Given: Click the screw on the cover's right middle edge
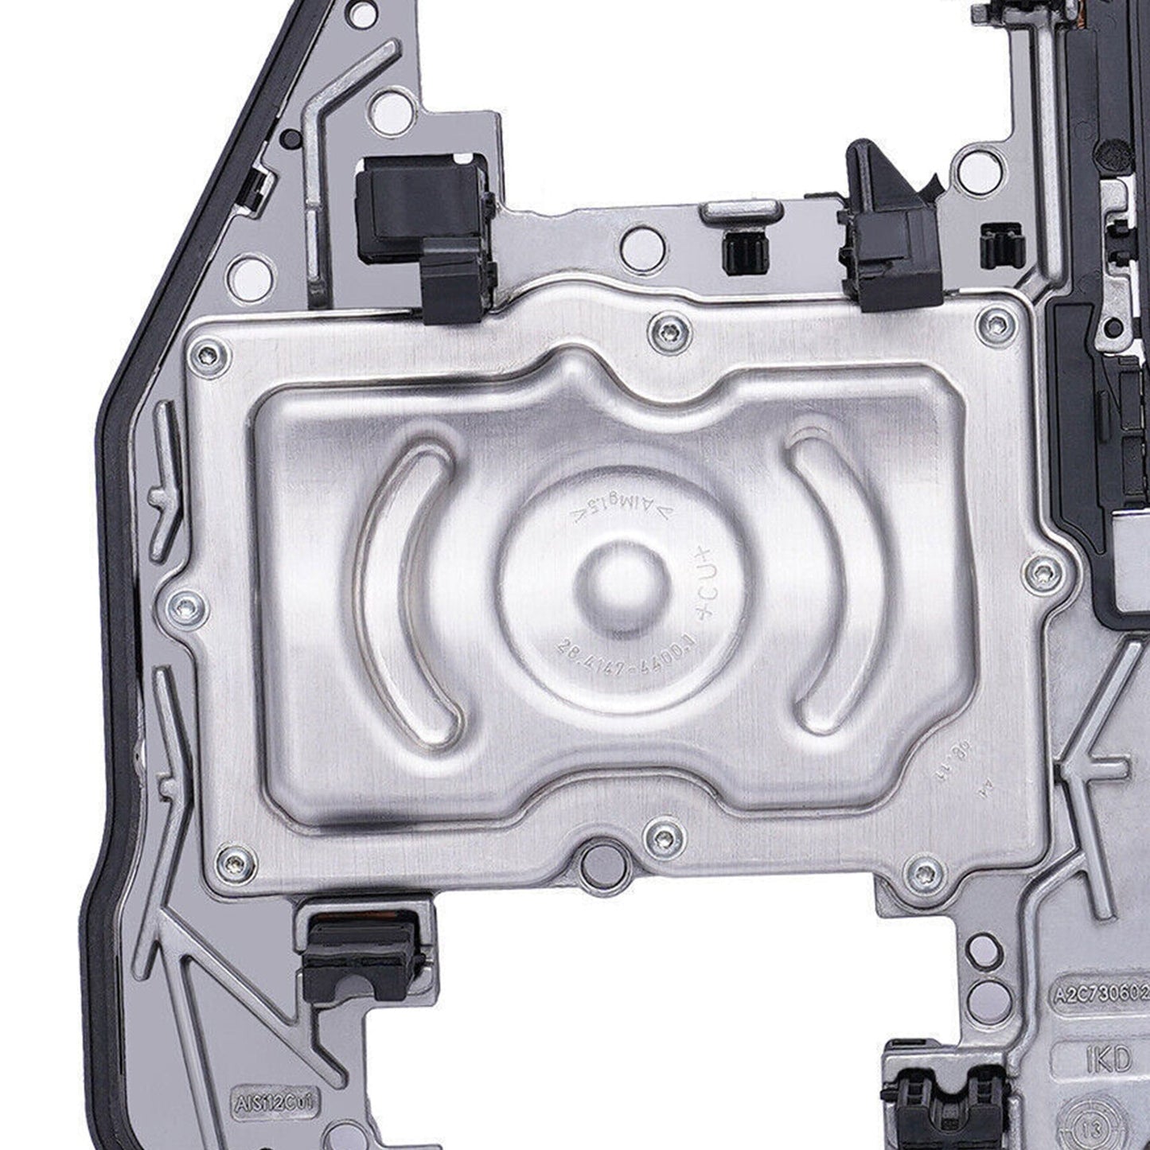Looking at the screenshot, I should (x=1043, y=571).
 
